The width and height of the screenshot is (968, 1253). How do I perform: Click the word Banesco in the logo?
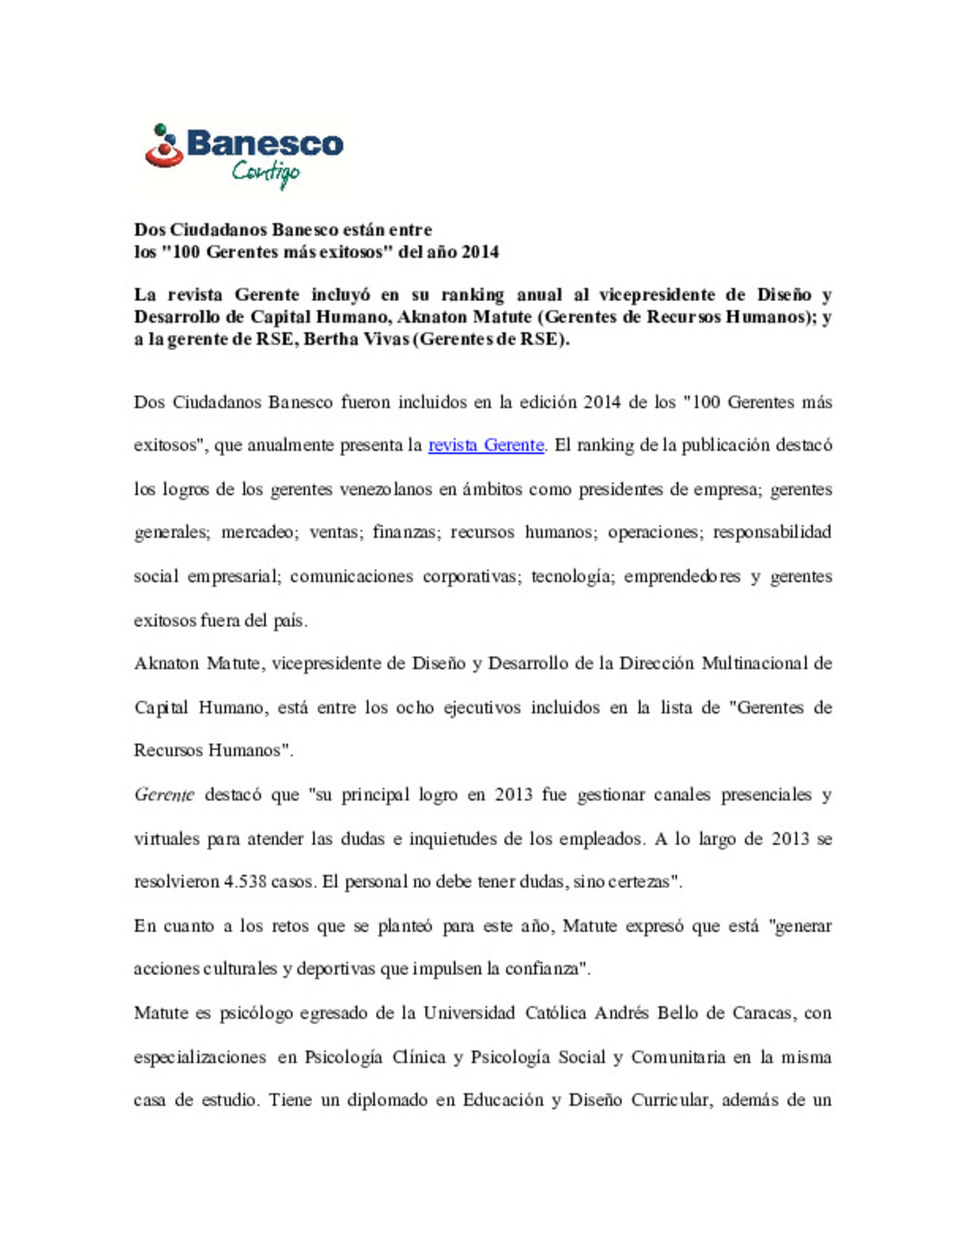click(264, 143)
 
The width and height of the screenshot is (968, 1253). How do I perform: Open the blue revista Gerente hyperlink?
click(486, 445)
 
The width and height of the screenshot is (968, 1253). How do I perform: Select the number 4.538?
click(245, 882)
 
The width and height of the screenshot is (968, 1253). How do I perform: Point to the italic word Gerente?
click(164, 795)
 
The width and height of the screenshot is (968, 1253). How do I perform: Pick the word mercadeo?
click(259, 532)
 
